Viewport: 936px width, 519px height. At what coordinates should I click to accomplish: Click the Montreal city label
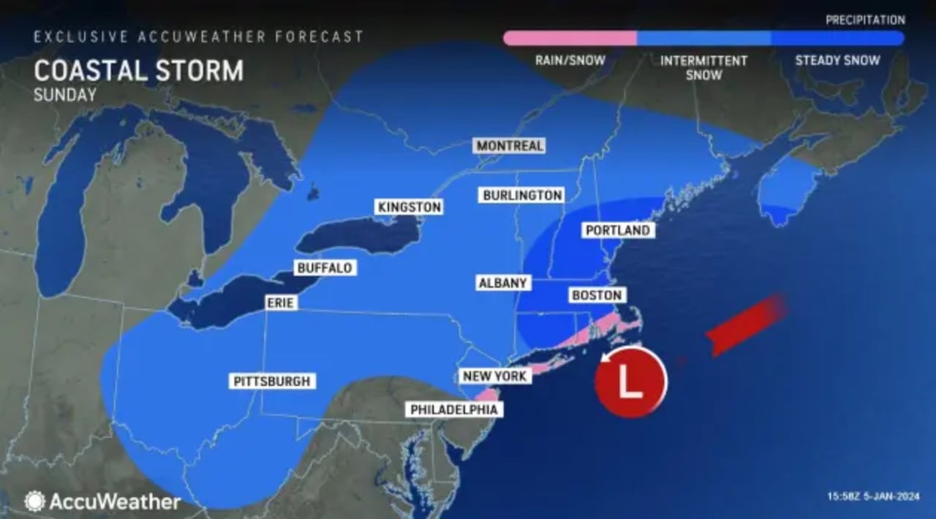pos(510,145)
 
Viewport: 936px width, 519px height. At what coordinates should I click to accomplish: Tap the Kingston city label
pos(409,207)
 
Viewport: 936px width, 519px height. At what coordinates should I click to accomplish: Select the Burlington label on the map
pos(522,195)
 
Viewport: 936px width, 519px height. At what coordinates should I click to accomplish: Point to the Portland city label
pos(617,230)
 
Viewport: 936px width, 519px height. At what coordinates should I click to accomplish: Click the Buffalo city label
pos(325,268)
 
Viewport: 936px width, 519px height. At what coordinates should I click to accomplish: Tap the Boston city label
pos(597,295)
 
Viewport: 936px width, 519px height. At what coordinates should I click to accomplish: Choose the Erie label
pos(280,302)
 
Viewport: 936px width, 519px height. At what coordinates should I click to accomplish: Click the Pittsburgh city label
pos(272,381)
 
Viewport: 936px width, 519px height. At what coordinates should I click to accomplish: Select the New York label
pos(494,376)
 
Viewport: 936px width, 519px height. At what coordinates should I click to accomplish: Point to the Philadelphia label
pos(453,409)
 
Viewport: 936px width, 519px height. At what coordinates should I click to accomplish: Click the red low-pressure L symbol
pos(630,382)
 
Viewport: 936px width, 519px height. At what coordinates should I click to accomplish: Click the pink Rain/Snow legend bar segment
pos(570,38)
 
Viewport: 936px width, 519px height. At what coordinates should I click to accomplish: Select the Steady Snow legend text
pos(837,61)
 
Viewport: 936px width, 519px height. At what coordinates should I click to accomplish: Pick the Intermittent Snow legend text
pos(703,67)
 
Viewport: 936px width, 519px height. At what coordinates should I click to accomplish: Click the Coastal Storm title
pos(138,71)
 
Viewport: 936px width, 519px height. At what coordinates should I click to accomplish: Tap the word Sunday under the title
pos(65,94)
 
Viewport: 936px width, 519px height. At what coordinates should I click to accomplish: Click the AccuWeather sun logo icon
pos(34,501)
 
